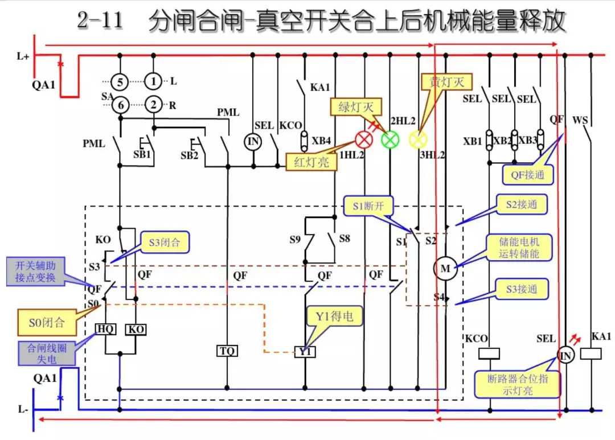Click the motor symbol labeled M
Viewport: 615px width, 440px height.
point(445,269)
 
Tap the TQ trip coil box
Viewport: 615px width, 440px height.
point(227,351)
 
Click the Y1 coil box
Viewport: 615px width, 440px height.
point(305,352)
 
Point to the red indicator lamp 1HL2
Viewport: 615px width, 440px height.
point(364,139)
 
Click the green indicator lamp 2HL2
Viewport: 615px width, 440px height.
point(391,139)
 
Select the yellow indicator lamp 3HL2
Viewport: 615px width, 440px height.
point(419,139)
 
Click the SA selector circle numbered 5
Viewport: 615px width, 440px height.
point(120,82)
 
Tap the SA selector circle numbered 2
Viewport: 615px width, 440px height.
point(153,105)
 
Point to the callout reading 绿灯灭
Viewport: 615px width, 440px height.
point(356,106)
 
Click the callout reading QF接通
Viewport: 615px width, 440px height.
point(527,175)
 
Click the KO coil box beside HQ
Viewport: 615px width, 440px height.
point(136,329)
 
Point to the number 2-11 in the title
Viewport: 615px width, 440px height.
point(102,22)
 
